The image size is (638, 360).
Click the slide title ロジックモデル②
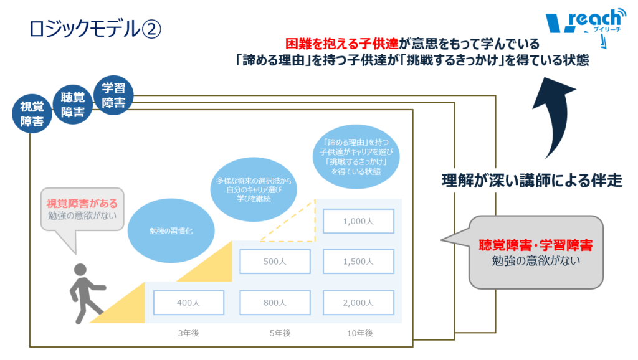[x=95, y=29]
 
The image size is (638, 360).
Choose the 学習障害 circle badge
[x=113, y=95]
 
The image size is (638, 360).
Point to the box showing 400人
[x=188, y=303]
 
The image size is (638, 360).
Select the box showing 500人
[x=275, y=262]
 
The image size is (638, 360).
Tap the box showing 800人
[x=275, y=303]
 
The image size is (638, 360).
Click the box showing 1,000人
[x=358, y=220]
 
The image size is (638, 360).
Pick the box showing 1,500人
[x=358, y=262]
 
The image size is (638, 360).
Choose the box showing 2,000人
[x=358, y=303]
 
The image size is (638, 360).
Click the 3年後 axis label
[x=188, y=333]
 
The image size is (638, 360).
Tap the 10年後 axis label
[x=359, y=333]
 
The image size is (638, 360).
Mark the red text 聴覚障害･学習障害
[x=536, y=245]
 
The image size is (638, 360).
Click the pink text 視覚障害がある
[x=82, y=204]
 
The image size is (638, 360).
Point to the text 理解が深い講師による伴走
[x=531, y=181]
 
